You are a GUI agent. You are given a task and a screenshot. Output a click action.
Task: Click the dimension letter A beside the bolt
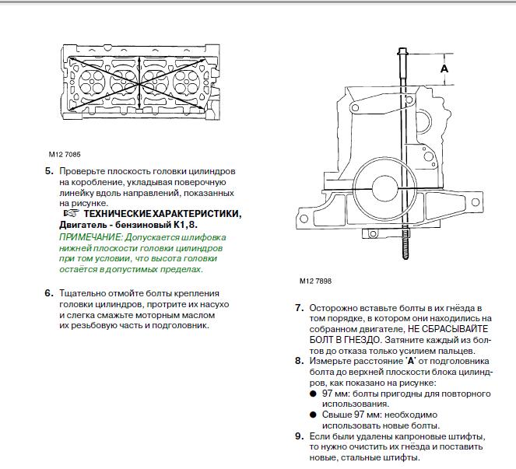point(444,68)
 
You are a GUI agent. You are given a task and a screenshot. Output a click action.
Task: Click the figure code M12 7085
point(65,154)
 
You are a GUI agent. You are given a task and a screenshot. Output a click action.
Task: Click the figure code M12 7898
point(315,281)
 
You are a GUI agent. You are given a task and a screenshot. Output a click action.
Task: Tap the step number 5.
point(49,171)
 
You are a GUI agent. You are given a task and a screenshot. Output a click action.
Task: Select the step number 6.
point(49,293)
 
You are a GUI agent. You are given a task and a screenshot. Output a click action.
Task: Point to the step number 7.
point(299,308)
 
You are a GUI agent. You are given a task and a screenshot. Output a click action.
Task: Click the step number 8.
point(299,361)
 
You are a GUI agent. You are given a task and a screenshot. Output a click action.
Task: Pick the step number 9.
point(299,436)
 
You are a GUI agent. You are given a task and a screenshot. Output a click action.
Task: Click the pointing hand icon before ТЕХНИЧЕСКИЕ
point(71,213)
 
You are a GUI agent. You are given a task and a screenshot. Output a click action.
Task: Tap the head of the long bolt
point(403,52)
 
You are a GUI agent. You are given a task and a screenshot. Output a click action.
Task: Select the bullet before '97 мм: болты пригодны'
point(313,394)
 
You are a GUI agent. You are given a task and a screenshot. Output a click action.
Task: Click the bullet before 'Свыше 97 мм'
point(313,415)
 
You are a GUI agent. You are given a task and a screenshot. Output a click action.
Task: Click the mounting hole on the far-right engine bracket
point(476,202)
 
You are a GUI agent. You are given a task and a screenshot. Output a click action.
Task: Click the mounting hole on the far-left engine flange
point(304,219)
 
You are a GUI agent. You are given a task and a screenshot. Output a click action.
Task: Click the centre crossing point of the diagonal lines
point(140,85)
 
